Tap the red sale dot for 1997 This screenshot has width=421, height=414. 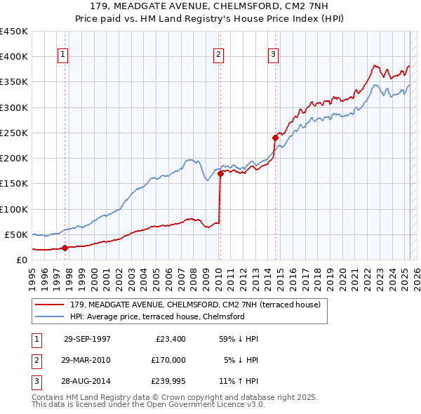(65, 247)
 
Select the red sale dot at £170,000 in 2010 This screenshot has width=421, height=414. (220, 173)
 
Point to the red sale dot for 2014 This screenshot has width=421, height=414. (275, 138)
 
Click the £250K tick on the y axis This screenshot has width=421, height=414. (14, 133)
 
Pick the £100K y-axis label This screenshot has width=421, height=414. (14, 209)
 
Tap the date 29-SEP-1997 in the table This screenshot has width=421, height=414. (87, 339)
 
